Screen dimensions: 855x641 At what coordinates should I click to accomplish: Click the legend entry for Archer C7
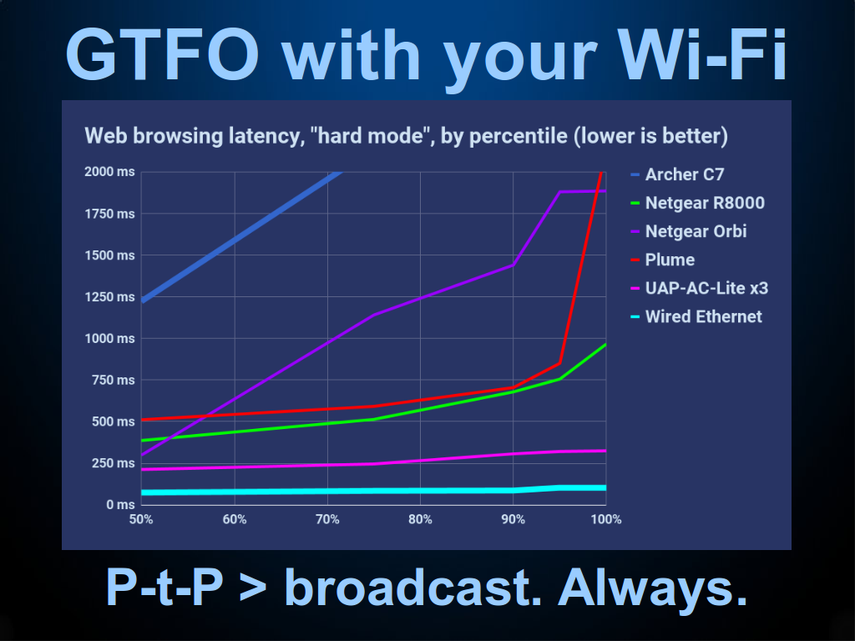[677, 174]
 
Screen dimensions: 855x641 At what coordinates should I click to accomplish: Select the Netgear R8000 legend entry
[697, 203]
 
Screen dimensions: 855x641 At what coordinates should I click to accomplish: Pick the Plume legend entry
[662, 260]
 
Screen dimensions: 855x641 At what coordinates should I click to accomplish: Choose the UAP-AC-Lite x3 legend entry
[699, 288]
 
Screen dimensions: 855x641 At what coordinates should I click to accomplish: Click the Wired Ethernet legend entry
[696, 316]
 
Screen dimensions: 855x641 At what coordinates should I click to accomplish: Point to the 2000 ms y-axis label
[109, 172]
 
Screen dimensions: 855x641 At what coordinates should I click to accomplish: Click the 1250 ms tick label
[109, 297]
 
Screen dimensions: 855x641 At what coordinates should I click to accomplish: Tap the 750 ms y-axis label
[114, 380]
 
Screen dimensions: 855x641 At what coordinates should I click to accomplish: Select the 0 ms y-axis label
[120, 505]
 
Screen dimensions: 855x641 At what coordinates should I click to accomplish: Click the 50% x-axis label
[141, 519]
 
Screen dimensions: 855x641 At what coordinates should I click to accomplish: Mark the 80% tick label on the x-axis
[421, 519]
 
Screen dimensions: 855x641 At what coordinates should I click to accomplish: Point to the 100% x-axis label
[606, 519]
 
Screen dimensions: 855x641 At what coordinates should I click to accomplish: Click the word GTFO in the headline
[163, 55]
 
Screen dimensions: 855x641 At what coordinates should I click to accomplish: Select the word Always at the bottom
[652, 588]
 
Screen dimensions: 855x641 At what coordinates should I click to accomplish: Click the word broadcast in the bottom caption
[413, 588]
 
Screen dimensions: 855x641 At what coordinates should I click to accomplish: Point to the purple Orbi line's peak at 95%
[560, 192]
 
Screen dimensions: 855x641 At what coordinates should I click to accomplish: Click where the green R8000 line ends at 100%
[605, 345]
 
